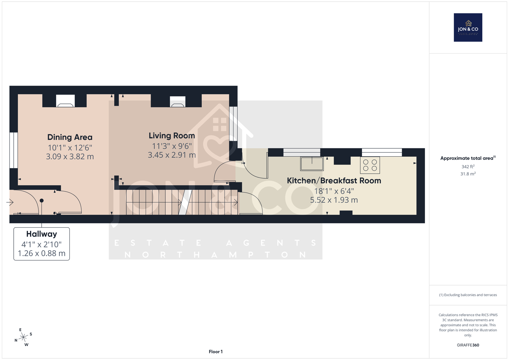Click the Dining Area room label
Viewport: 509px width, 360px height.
70,137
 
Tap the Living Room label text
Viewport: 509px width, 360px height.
172,136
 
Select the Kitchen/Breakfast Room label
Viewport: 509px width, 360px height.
334,180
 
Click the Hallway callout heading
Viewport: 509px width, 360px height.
42,234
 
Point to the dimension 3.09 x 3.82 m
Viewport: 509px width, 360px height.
70,157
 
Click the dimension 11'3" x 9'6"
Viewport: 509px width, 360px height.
172,146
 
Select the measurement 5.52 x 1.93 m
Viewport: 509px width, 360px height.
334,200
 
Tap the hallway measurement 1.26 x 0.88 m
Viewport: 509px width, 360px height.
42,253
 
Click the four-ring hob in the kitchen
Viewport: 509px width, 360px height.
370,165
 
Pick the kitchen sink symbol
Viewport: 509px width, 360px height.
312,164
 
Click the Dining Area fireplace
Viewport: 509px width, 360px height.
66,101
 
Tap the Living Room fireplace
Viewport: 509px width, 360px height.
178,102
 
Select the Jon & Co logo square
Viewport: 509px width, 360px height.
468,27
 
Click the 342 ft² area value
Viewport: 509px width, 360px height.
468,166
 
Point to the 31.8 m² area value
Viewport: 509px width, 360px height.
468,174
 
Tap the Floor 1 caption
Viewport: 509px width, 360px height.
216,352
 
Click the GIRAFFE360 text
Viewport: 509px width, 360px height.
468,345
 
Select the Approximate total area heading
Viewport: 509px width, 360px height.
468,158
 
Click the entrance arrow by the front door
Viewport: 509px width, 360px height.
10,202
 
